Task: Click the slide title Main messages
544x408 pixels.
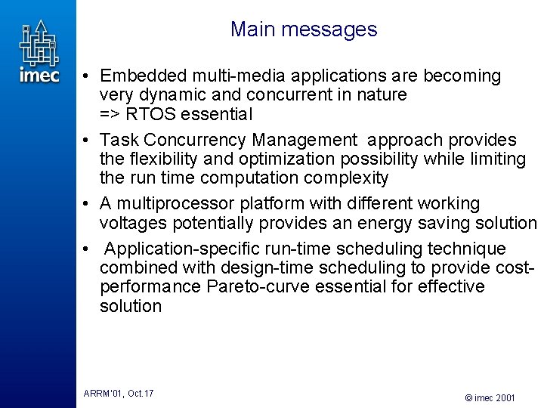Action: [304, 29]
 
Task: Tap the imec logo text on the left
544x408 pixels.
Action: [39, 75]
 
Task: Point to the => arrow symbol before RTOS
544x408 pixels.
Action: [110, 115]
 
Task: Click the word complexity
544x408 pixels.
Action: [354, 178]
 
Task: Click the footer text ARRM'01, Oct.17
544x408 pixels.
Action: [119, 394]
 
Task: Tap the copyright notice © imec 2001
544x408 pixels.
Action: [490, 397]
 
